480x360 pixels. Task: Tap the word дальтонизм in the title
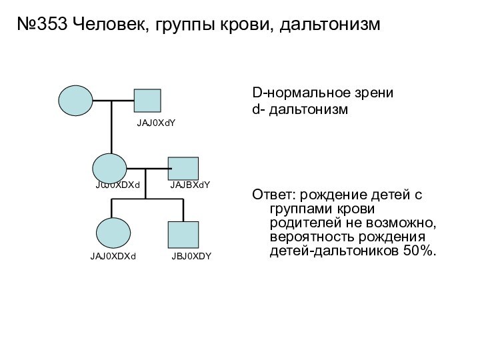tap(330, 25)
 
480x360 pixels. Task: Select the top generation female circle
tap(75, 101)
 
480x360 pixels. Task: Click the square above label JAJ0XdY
tap(147, 101)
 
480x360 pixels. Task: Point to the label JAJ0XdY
tap(156, 123)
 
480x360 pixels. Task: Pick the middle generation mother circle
tap(109, 168)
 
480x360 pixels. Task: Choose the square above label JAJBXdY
tap(183, 169)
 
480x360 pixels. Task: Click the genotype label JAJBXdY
tap(190, 185)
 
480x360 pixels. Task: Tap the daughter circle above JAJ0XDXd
tap(113, 233)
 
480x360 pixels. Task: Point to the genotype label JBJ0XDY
tap(191, 256)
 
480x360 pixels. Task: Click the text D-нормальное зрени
tap(323, 93)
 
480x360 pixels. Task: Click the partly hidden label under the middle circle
tap(117, 185)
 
